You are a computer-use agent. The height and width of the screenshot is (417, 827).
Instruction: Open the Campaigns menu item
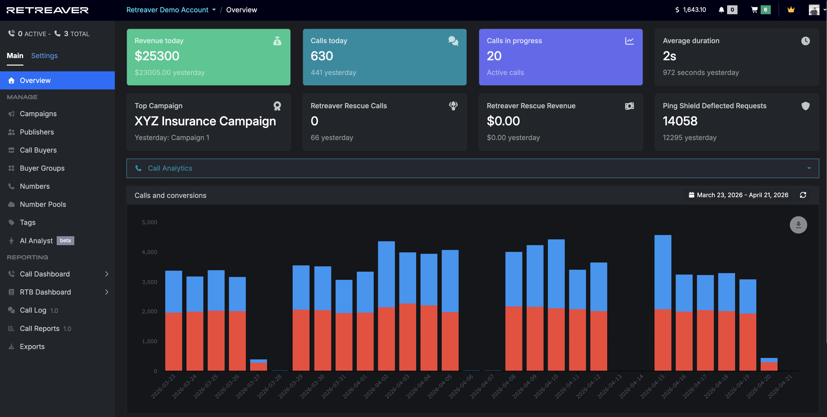pos(38,114)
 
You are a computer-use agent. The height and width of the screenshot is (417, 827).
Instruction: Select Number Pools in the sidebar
pos(43,204)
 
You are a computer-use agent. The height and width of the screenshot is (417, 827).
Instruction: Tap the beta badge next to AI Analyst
pos(65,241)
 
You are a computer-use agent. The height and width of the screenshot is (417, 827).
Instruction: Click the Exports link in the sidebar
pos(32,346)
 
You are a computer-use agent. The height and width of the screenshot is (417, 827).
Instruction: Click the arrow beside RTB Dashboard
pos(107,292)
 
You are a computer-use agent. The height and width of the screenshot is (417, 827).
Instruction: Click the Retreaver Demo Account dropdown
pos(171,10)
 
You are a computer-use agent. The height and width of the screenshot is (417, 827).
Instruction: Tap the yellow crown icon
pos(791,10)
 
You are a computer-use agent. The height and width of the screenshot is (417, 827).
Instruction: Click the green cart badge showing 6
pos(765,10)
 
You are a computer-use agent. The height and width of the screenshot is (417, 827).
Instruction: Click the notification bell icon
pos(721,10)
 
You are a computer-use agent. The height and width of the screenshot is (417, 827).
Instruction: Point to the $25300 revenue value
pos(157,56)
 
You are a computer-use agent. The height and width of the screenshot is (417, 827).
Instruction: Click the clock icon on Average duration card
pos(805,41)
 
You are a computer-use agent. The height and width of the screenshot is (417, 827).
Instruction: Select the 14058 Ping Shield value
pos(680,121)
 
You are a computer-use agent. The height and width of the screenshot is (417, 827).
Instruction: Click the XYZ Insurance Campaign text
pos(205,121)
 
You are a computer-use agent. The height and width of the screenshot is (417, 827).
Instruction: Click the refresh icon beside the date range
pos(803,195)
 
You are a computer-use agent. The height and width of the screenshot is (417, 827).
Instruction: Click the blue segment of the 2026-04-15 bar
pos(663,272)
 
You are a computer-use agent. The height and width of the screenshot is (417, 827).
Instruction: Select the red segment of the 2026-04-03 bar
pos(407,337)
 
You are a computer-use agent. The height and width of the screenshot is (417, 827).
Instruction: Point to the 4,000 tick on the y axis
pos(149,252)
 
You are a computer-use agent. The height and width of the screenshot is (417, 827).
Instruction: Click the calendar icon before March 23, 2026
pos(691,195)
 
